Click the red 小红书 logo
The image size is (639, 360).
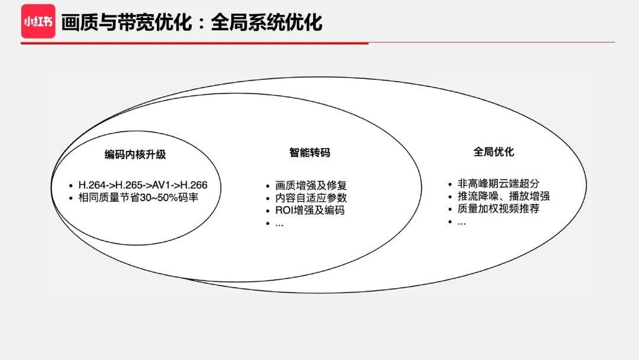coord(38,21)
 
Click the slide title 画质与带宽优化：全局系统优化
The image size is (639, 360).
coord(192,22)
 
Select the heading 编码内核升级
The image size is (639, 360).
coord(135,155)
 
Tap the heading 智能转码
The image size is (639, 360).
coord(309,153)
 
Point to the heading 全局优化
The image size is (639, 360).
coord(493,152)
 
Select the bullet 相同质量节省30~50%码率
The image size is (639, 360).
coord(138,197)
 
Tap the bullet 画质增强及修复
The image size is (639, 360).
coord(311,185)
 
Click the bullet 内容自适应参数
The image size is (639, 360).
coord(311,198)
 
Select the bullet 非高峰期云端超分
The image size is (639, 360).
coord(498,184)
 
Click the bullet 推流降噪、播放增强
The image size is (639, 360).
coord(504,196)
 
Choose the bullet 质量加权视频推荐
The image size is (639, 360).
coord(498,208)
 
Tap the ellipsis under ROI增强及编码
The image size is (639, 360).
coord(279,224)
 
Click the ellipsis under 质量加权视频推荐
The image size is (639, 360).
coord(461,223)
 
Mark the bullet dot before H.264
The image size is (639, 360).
coord(70,185)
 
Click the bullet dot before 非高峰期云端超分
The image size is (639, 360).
coord(450,184)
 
